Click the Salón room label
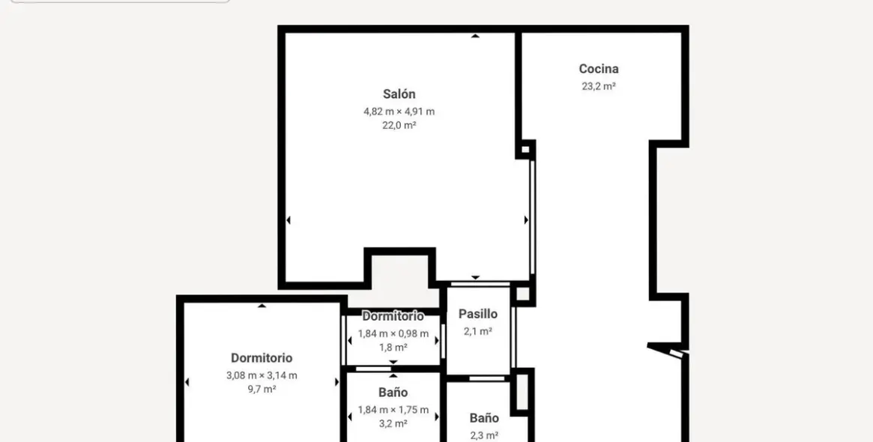click(399, 94)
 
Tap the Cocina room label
click(599, 69)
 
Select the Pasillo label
click(477, 315)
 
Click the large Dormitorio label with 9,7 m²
click(262, 358)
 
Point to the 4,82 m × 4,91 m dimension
click(399, 112)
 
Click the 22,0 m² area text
click(399, 126)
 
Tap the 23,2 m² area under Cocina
click(599, 86)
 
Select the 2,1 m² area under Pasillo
click(477, 331)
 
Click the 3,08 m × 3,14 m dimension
click(262, 375)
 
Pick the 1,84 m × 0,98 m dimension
click(393, 334)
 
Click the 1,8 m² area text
click(393, 348)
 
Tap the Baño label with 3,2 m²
click(393, 393)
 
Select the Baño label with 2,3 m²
click(484, 418)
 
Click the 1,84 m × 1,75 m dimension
click(393, 410)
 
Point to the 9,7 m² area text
click(262, 390)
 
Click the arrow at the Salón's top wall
click(475, 36)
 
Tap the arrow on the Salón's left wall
click(289, 220)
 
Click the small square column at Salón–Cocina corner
click(526, 149)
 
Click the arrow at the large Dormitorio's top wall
click(262, 305)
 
